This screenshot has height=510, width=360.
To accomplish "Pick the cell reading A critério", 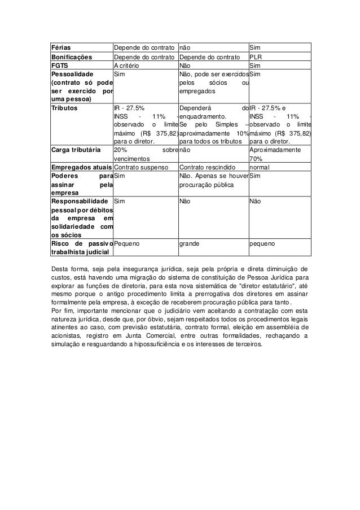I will (x=128, y=65).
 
